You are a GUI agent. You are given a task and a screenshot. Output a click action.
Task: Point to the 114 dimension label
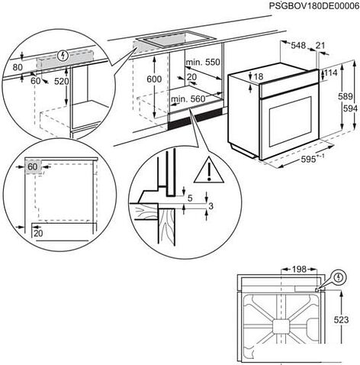point(330,73)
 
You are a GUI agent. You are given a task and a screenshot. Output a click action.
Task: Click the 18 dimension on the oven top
point(259,77)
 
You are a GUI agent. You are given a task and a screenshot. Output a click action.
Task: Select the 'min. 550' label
point(202,62)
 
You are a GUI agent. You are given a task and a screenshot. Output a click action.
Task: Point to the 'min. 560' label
point(189,99)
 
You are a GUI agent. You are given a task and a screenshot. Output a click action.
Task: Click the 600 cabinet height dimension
point(153,79)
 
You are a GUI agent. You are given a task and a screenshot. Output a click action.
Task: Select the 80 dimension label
point(16,66)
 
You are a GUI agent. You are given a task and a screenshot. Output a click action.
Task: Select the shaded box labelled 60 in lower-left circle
point(33,167)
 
